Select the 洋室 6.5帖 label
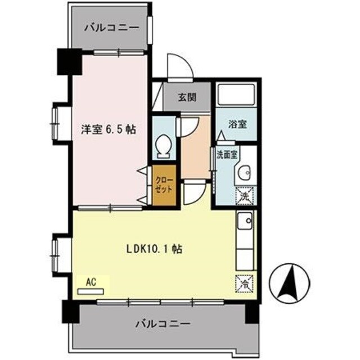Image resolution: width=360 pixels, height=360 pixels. tap(106, 129)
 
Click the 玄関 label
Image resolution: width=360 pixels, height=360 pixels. tap(187, 97)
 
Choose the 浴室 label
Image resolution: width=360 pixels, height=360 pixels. tap(237, 124)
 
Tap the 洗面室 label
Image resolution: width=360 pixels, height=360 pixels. tap(228, 155)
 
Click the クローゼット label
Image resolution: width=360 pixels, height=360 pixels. tap(165, 184)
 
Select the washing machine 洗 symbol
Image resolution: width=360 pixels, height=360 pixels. tap(245, 196)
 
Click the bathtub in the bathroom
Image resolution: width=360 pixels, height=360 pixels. tap(236, 96)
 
